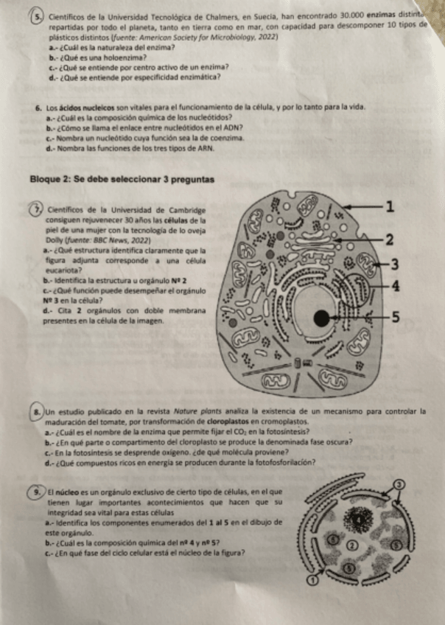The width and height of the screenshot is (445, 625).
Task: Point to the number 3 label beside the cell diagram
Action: (395, 264)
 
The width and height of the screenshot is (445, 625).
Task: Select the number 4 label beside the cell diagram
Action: (395, 286)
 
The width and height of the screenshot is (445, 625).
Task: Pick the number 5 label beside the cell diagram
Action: (395, 318)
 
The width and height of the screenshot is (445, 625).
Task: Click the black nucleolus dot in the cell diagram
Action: (322, 318)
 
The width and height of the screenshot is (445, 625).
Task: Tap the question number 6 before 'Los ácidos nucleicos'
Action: (38, 107)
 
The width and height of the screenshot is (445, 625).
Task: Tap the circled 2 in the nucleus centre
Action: (352, 545)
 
